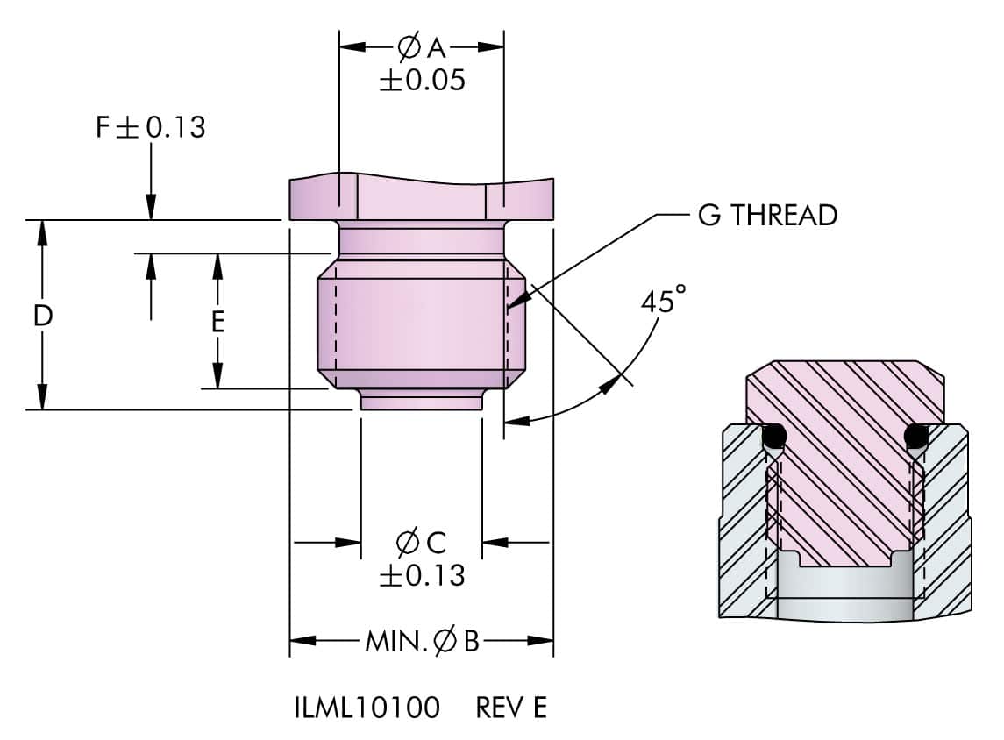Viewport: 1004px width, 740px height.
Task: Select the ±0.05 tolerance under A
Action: coord(421,81)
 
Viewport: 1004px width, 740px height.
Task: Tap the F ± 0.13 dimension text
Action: coord(150,128)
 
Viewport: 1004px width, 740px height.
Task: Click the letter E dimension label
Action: coord(218,323)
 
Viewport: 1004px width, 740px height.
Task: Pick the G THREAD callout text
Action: coord(767,215)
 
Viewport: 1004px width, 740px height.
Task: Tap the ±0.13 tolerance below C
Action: coord(421,576)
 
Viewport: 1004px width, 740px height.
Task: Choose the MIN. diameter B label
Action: coord(422,643)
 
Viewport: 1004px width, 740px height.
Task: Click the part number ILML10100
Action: coord(367,708)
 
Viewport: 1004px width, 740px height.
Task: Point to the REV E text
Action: coord(511,708)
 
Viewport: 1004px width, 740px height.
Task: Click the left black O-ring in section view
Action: coord(773,435)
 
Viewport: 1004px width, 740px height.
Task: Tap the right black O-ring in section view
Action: coord(916,435)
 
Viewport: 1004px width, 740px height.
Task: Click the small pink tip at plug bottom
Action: coord(421,402)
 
